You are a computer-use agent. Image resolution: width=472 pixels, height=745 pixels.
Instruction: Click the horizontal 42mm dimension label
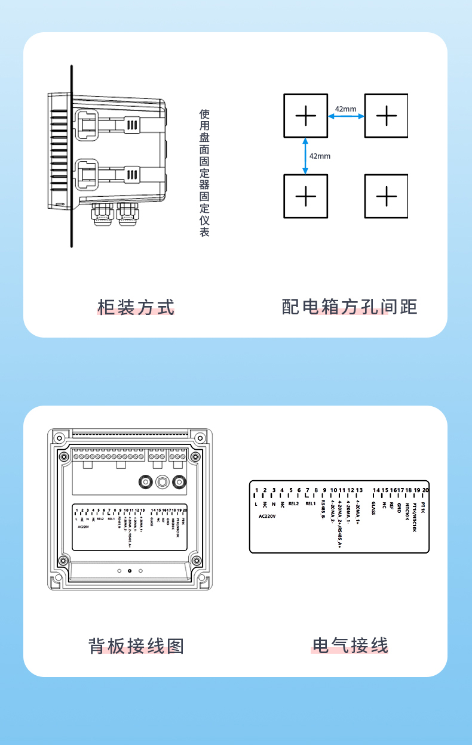pyautogui.click(x=345, y=109)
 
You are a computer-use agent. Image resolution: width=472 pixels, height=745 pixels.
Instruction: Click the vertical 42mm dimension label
pyautogui.click(x=320, y=156)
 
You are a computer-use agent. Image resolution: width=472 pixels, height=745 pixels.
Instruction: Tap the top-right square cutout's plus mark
pyautogui.click(x=387, y=115)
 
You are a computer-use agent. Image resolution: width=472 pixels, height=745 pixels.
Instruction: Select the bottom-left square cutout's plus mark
pyautogui.click(x=305, y=196)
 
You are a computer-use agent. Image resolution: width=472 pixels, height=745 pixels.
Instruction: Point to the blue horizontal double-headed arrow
pyautogui.click(x=346, y=117)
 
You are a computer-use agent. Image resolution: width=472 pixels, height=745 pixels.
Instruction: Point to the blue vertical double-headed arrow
pyautogui.click(x=305, y=156)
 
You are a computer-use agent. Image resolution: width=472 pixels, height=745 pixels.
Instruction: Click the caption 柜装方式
pyautogui.click(x=136, y=307)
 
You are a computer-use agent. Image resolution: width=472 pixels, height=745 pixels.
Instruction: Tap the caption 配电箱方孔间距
pyautogui.click(x=350, y=307)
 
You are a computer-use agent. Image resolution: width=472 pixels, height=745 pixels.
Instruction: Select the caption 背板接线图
pyautogui.click(x=136, y=645)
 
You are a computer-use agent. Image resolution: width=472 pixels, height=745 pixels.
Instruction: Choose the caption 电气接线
pyautogui.click(x=350, y=645)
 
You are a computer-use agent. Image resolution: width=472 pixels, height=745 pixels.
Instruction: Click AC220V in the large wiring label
pyautogui.click(x=267, y=516)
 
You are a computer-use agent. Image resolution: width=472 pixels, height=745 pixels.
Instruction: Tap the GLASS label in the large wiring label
pyautogui.click(x=373, y=508)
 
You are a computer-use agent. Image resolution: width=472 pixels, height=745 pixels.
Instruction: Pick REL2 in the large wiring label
pyautogui.click(x=293, y=503)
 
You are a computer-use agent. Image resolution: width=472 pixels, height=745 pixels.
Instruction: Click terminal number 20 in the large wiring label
pyautogui.click(x=425, y=490)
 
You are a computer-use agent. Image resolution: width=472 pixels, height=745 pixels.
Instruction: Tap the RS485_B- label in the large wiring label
pyautogui.click(x=323, y=511)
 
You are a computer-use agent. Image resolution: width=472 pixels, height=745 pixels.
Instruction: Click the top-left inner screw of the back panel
pyautogui.click(x=63, y=456)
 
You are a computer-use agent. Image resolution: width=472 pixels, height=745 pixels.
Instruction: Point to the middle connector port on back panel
pyautogui.click(x=161, y=482)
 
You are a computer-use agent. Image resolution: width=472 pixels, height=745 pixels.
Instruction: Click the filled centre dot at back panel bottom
pyautogui.click(x=129, y=571)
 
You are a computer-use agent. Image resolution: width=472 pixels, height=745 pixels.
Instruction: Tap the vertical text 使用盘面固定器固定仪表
pyautogui.click(x=204, y=173)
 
